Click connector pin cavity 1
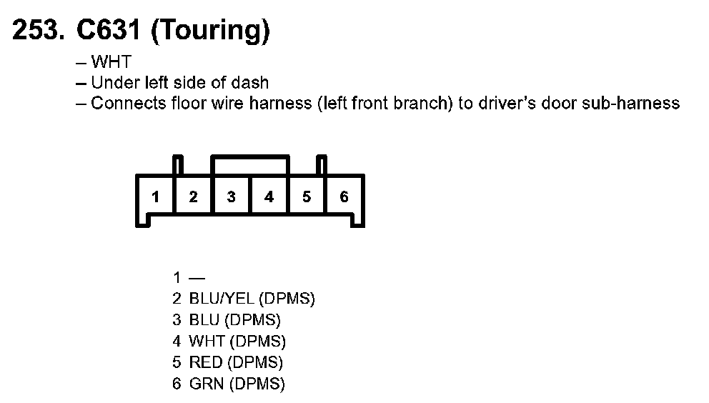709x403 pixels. tap(156, 197)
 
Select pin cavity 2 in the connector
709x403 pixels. tap(193, 197)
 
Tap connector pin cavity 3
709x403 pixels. tap(231, 197)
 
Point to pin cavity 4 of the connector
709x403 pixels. tap(269, 197)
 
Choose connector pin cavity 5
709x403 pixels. tap(307, 197)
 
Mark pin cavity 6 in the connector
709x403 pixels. tap(344, 197)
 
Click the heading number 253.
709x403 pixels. tap(39, 31)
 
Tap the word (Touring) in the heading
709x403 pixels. tap(209, 32)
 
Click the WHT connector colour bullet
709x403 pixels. tap(111, 63)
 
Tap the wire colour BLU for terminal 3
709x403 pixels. tap(204, 319)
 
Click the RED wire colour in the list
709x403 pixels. tap(206, 362)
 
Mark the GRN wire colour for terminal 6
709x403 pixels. tap(207, 384)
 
